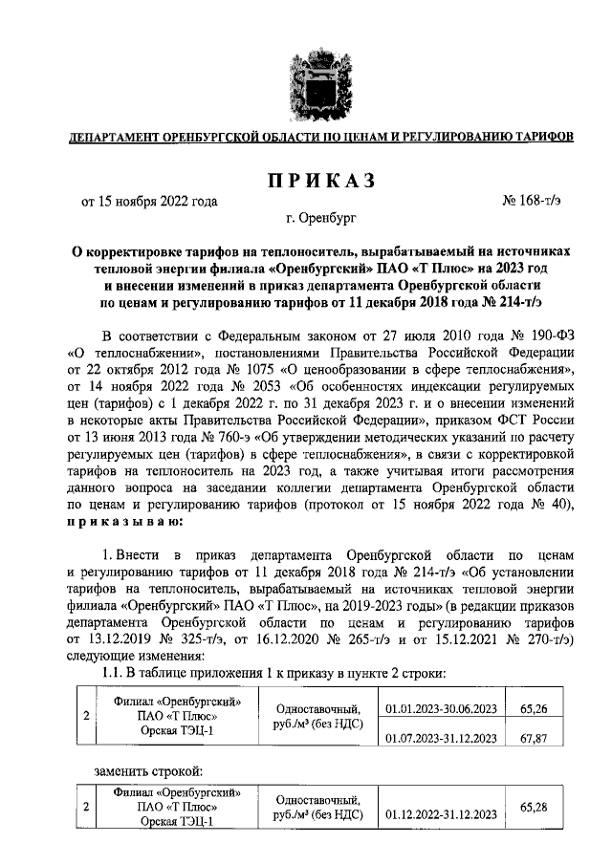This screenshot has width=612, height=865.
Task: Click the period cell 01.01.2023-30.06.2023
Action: click(x=441, y=709)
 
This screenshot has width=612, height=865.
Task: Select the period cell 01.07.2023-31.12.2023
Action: click(x=441, y=738)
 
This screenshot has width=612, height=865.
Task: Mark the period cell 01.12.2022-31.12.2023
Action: click(x=441, y=814)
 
